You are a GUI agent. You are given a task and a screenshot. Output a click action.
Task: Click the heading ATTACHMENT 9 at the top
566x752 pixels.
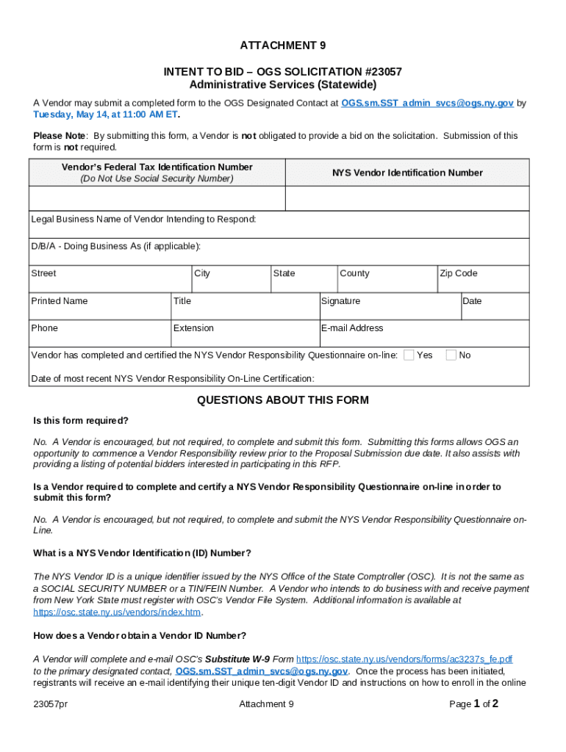click(x=283, y=46)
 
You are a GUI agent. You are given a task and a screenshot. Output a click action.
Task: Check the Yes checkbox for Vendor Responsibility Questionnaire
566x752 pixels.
click(x=409, y=355)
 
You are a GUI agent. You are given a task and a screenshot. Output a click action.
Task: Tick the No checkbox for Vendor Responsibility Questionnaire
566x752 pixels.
click(x=451, y=355)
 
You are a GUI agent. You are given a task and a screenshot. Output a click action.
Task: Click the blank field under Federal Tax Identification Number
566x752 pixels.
click(x=157, y=198)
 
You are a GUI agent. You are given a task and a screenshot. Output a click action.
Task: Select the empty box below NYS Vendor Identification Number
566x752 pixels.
click(x=406, y=198)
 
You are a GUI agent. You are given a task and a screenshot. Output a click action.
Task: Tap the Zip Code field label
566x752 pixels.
click(x=458, y=273)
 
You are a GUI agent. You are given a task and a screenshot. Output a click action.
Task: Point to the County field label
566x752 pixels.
click(x=354, y=273)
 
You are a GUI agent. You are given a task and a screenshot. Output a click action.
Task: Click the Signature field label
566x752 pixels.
click(x=340, y=301)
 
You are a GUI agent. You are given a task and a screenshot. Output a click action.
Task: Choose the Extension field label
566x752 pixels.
click(x=193, y=328)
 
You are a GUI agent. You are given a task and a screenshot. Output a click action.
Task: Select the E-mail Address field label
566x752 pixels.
click(x=352, y=328)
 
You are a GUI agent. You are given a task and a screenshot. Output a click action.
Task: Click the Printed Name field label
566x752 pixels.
click(x=59, y=301)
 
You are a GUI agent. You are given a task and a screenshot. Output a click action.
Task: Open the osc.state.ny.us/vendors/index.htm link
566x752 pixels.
click(x=117, y=612)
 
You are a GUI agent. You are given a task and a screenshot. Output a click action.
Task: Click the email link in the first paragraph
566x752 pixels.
click(x=427, y=104)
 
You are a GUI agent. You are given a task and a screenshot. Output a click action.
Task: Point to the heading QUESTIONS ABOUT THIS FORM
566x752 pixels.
click(x=283, y=400)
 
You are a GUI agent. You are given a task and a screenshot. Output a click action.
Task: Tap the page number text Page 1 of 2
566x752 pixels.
click(x=473, y=704)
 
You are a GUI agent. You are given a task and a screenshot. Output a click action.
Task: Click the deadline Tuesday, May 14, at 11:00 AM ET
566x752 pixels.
click(x=106, y=115)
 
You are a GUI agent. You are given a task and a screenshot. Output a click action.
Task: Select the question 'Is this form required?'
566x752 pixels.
click(x=81, y=421)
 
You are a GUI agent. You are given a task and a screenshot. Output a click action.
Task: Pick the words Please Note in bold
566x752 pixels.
click(x=59, y=136)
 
